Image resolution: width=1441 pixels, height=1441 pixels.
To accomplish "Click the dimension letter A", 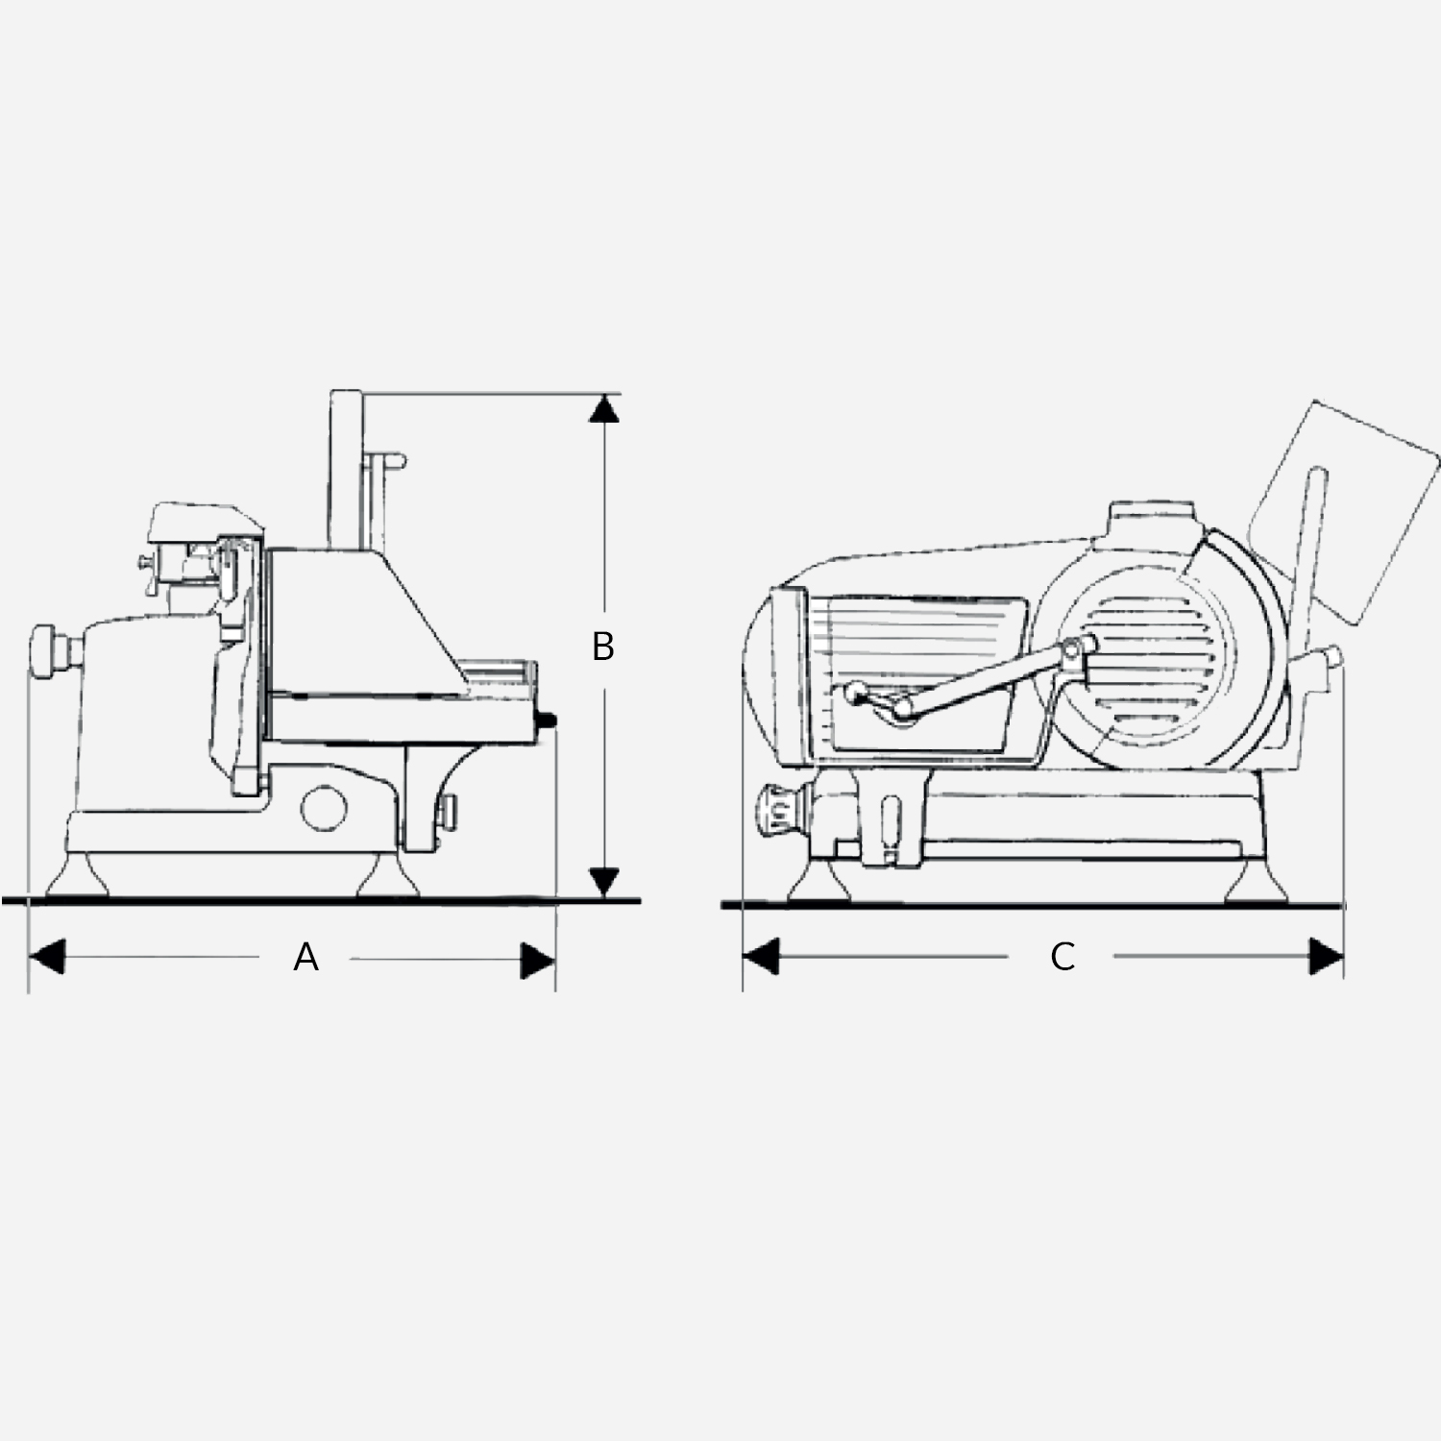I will [x=305, y=958].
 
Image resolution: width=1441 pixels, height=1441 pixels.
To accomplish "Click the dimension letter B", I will [x=602, y=647].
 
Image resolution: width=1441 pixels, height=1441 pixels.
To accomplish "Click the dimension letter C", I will [x=1062, y=957].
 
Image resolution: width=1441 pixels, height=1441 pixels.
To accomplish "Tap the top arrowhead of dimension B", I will [x=603, y=409].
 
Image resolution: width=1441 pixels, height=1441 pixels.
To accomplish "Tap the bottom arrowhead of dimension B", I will [x=603, y=880].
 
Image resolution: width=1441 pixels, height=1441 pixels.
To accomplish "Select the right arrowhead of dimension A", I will [x=537, y=960].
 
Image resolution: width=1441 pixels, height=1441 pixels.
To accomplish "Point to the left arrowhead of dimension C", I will [x=760, y=957].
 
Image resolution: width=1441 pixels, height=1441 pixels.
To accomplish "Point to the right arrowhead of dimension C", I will [x=1327, y=957].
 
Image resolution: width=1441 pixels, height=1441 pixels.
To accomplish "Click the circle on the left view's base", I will [x=324, y=807].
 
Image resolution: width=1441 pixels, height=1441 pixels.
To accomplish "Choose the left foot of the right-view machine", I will [x=818, y=882].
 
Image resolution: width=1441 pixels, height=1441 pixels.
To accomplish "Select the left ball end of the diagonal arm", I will [x=851, y=692].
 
